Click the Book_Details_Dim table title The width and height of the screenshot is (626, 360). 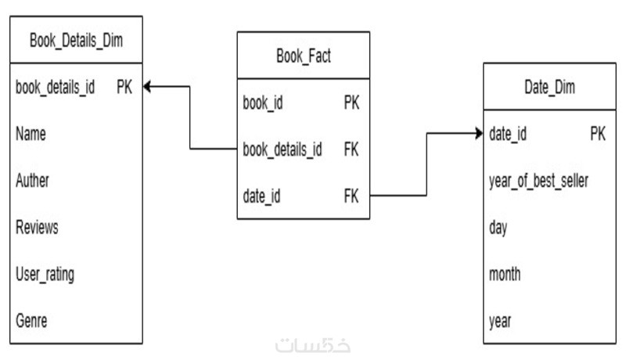tap(76, 38)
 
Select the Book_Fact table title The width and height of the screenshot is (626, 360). tap(304, 56)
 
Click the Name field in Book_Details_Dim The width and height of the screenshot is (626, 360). tap(31, 135)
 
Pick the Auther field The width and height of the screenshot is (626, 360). tap(32, 181)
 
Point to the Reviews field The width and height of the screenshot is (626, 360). tap(37, 228)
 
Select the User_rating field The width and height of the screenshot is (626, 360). tap(45, 275)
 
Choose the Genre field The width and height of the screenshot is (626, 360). tap(31, 322)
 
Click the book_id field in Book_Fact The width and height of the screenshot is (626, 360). tap(264, 103)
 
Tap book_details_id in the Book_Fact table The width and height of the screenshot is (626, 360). tap(282, 149)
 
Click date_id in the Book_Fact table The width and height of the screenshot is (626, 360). tap(262, 196)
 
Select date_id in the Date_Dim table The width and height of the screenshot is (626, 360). tap(507, 135)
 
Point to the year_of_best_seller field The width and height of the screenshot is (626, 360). tap(538, 182)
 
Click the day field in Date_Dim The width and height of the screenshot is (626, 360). tap(498, 229)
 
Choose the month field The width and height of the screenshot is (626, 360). tap(505, 275)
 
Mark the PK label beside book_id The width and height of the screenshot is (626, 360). tap(351, 103)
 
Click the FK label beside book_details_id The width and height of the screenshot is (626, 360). tap(351, 149)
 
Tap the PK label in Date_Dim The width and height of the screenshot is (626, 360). tap(598, 135)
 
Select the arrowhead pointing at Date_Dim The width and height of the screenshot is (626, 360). tap(478, 135)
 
